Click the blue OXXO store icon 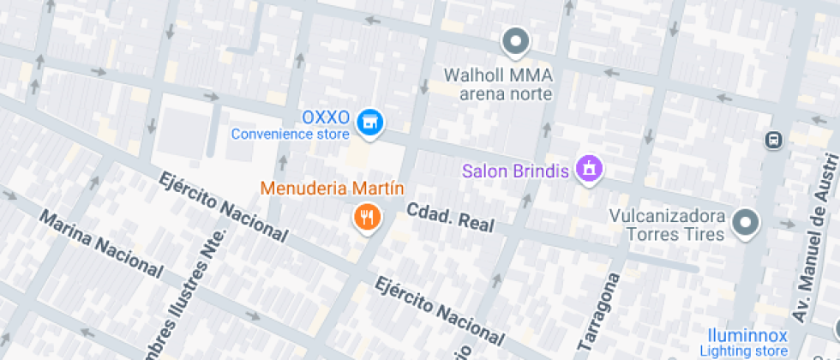pos(370,122)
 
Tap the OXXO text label pos(327,117)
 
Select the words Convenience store pos(291,134)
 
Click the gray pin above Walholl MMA pos(515,40)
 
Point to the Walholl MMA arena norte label pos(498,84)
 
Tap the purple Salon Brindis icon pos(589,169)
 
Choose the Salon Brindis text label pos(515,171)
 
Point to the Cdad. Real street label pos(451,218)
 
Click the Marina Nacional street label pos(101,243)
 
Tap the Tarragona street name pos(601,311)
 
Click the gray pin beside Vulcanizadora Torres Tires pos(747,223)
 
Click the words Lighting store pos(743,351)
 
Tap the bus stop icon pos(774,139)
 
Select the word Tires pos(706,233)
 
